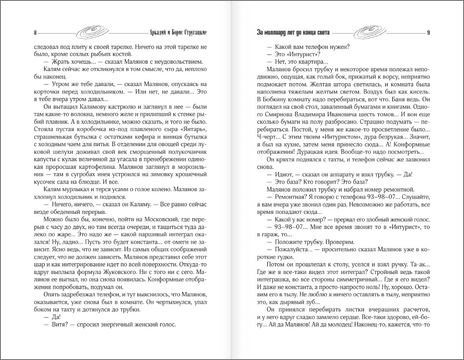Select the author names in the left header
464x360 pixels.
click(x=178, y=32)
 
